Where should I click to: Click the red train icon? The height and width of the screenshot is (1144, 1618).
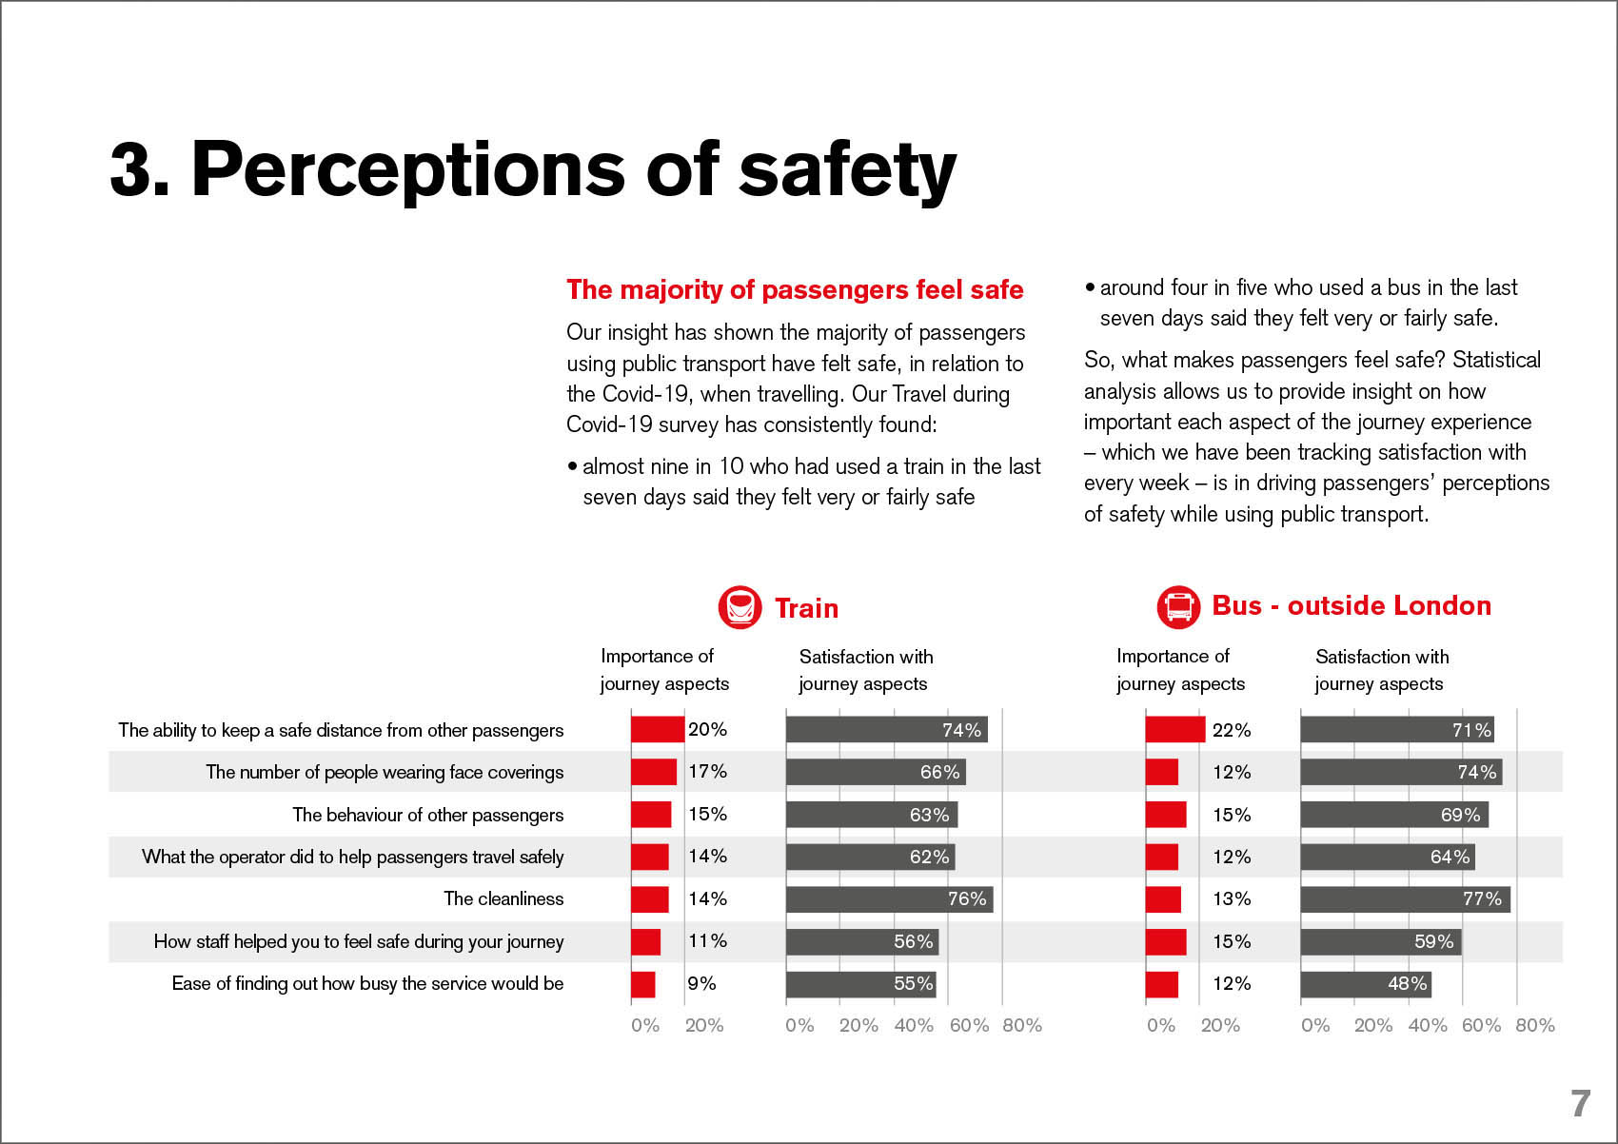coord(740,607)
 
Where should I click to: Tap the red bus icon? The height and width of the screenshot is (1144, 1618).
coord(1178,606)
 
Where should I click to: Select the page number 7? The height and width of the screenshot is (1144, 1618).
coord(1580,1103)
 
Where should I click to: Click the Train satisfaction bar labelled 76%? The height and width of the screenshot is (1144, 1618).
coord(889,899)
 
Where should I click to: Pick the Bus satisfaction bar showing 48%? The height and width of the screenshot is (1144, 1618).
coord(1366,984)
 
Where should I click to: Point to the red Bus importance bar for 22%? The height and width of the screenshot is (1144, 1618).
coord(1175,730)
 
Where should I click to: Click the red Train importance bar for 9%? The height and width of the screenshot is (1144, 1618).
coord(643,984)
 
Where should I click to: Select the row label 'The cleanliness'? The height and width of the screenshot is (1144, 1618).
coord(503,899)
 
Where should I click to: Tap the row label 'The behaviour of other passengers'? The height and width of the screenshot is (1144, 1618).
coord(427,815)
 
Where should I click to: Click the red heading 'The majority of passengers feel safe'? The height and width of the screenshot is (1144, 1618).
coord(795,289)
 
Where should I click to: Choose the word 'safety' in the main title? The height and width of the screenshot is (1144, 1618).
coord(847,169)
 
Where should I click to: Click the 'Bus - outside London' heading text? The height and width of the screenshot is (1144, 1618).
coord(1351,606)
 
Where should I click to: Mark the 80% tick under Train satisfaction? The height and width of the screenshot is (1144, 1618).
coord(1022,1026)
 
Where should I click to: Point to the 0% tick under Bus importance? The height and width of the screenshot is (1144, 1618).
coord(1161,1026)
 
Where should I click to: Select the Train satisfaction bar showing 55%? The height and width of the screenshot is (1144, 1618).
coord(860,984)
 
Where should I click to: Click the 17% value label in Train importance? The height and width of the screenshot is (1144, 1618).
coord(707,772)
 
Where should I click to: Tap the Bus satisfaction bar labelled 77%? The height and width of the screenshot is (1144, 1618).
coord(1405,899)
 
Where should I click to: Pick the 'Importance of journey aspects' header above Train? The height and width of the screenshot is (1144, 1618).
coord(663,670)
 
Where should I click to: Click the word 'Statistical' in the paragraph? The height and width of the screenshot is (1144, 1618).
coord(1496,360)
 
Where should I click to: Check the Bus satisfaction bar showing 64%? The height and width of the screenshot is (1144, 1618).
coord(1387,857)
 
